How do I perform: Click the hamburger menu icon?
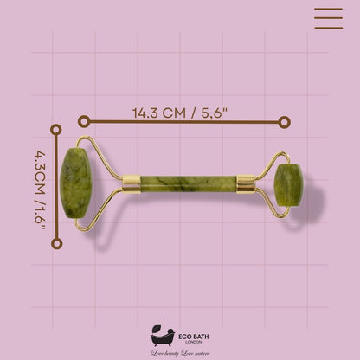[328, 18]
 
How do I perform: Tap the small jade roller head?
[287, 183]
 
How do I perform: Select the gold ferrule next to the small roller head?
[246, 183]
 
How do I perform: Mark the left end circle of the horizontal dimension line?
[84, 122]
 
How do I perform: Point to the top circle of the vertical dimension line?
[56, 130]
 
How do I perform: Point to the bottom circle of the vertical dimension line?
[56, 243]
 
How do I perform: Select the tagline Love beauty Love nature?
[180, 353]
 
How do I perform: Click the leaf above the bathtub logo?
[159, 327]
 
